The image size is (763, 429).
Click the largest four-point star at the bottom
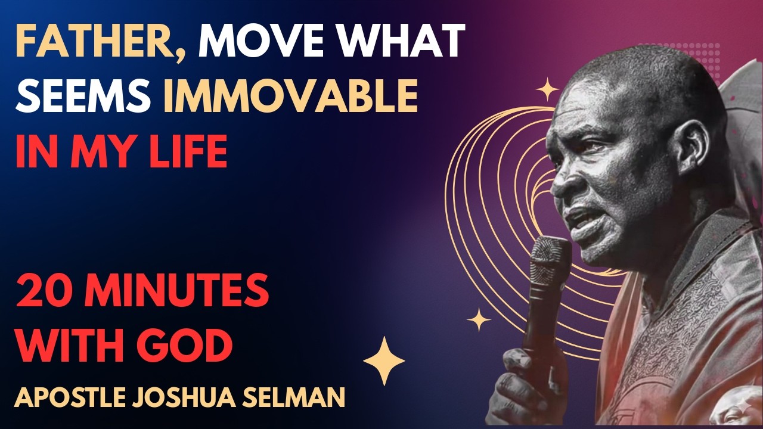click(x=384, y=361)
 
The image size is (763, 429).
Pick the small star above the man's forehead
click(x=547, y=90)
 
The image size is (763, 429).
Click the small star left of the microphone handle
click(x=479, y=320)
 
